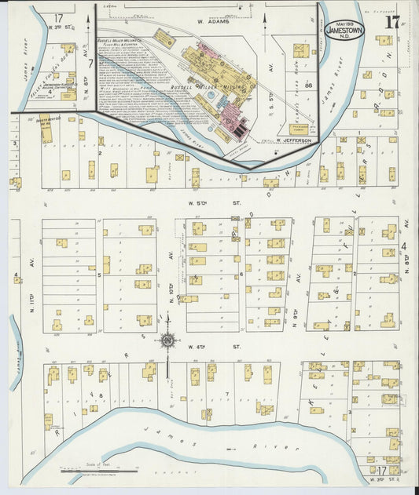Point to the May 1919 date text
(x=344, y=23)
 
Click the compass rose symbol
(x=167, y=341)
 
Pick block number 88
(x=309, y=84)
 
